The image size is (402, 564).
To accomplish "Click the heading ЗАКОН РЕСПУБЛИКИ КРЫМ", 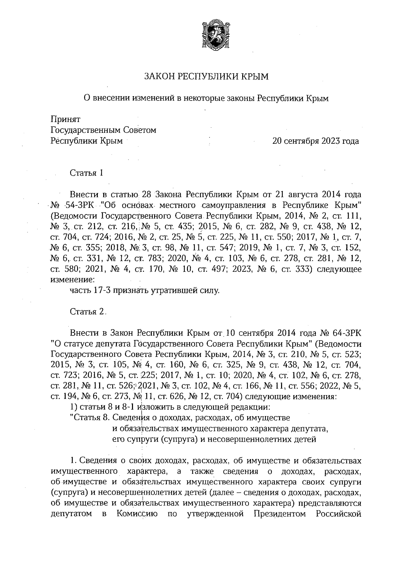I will click(206, 77).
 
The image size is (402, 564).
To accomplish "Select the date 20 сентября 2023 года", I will click(316, 141).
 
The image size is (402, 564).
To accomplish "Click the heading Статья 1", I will click(86, 173).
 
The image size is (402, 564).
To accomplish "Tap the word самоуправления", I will click(237, 205).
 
